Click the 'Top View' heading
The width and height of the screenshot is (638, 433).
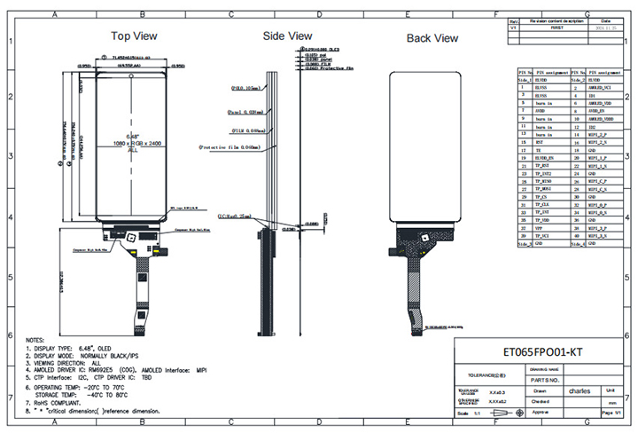(134, 36)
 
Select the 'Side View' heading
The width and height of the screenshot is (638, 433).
(287, 36)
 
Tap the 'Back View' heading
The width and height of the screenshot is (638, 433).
(432, 38)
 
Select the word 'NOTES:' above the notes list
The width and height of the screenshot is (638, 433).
(36, 340)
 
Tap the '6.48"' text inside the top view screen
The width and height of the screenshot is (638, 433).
(131, 134)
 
